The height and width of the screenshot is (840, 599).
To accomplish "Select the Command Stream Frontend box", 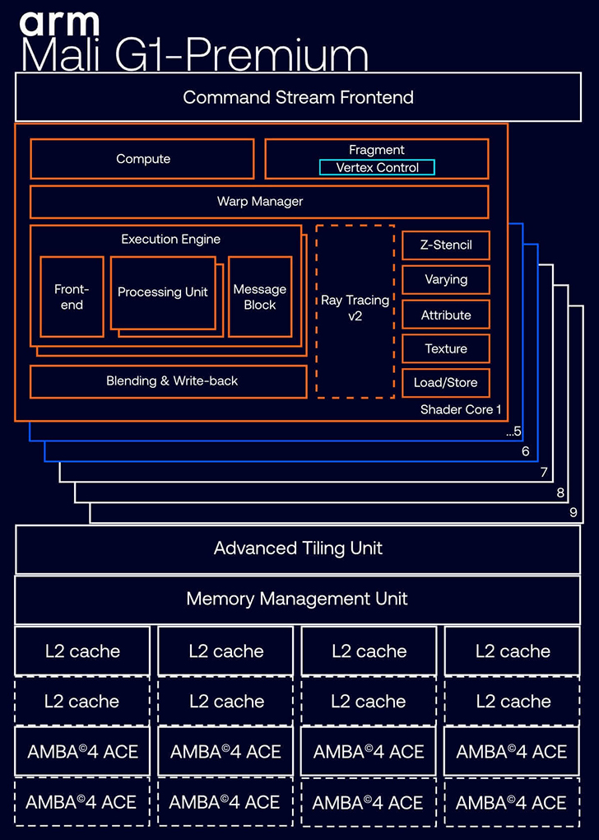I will [x=298, y=97].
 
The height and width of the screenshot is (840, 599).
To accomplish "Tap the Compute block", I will [x=142, y=159].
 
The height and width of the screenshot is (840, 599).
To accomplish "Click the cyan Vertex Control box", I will [x=377, y=168].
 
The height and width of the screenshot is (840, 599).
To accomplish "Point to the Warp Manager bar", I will [x=259, y=202].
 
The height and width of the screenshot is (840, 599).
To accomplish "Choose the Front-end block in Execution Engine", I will [x=72, y=297].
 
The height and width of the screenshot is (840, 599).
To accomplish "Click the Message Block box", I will [x=259, y=297].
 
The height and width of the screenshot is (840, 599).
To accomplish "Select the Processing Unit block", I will [x=163, y=292].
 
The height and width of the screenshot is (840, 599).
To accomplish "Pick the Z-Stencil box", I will [x=446, y=245].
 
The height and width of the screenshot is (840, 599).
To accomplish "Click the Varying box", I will [x=446, y=280].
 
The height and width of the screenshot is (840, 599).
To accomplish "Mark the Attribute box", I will [x=446, y=315].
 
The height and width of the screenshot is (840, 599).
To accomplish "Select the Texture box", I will [x=446, y=349].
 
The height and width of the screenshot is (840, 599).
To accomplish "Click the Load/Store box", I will [x=446, y=383].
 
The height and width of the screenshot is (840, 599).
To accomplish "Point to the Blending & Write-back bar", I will [x=171, y=381].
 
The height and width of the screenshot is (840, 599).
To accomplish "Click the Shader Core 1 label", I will [x=461, y=409].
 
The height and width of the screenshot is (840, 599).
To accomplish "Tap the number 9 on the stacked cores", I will [x=573, y=513].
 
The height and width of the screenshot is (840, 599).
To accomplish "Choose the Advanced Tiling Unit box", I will [x=298, y=548].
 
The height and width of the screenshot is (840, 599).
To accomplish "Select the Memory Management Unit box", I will [x=298, y=599].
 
